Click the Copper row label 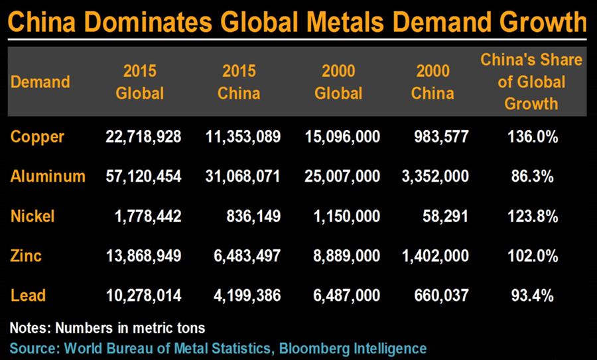point(37,137)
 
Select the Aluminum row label point(48,176)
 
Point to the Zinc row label point(26,256)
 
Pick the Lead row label point(27,296)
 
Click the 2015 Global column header point(139,82)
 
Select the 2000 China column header point(432,82)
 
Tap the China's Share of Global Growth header point(531,82)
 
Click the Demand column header point(40,82)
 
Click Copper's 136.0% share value point(531,137)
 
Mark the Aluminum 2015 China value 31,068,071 point(241,176)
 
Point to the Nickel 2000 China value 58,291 point(446,216)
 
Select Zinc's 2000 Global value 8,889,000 point(342,256)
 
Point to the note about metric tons point(108,328)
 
